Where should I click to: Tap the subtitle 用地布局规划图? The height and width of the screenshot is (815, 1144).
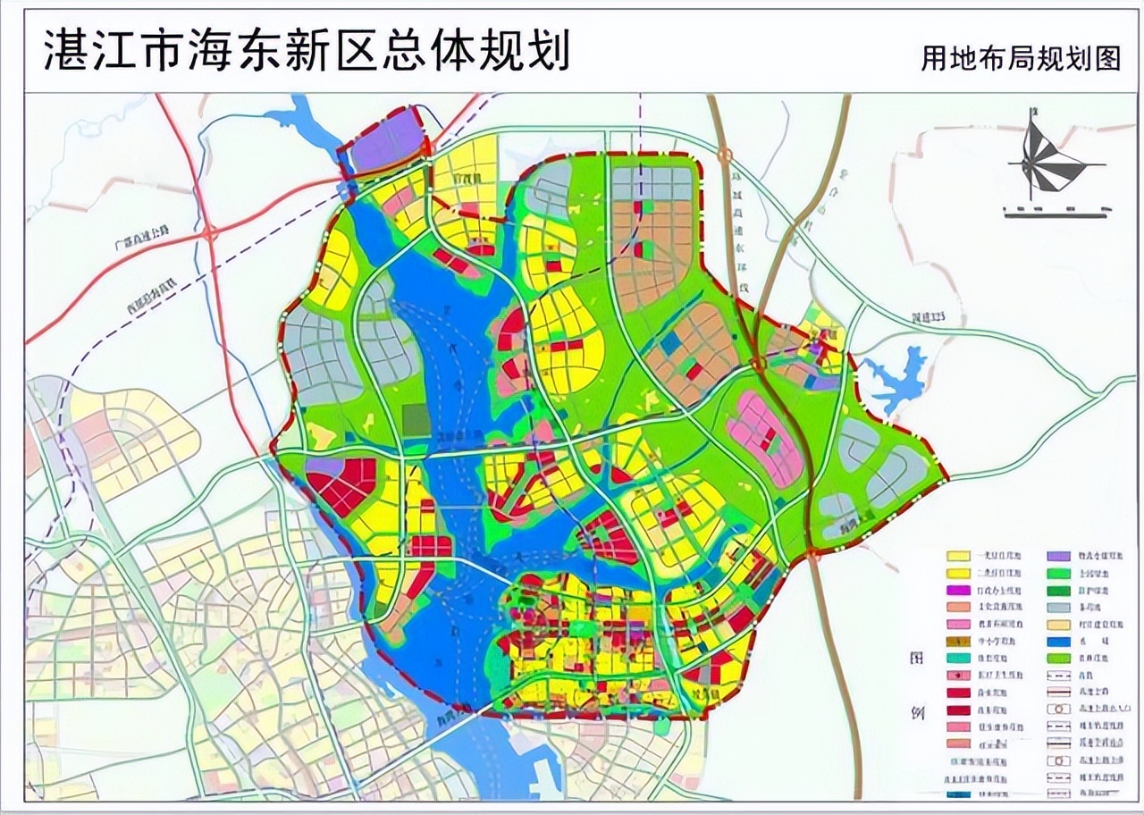(x=1021, y=58)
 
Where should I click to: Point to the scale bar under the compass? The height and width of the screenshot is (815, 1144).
(x=1058, y=213)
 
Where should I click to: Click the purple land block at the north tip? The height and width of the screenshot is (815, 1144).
(x=386, y=141)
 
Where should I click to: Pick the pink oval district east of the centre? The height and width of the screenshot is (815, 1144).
(x=764, y=438)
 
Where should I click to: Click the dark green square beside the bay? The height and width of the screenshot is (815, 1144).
(x=416, y=420)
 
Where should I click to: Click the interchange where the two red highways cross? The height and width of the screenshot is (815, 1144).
(x=208, y=234)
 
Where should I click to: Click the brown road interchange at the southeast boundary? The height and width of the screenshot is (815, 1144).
(x=812, y=554)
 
